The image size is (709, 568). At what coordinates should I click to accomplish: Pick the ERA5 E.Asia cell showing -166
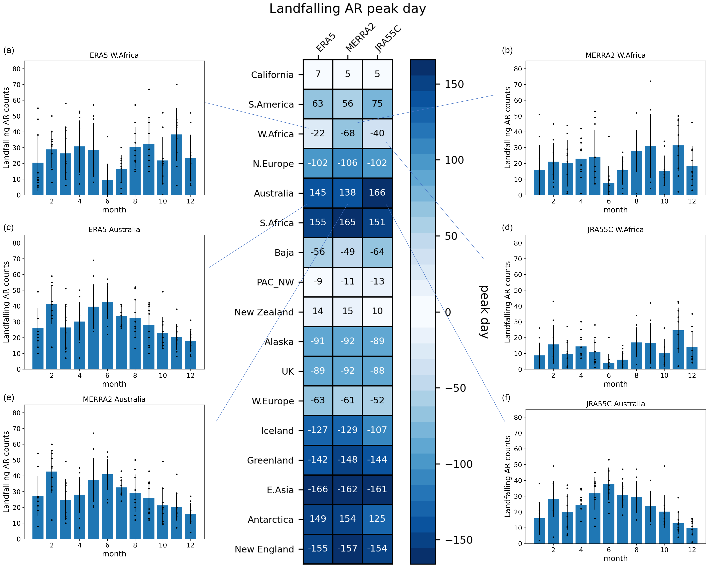[x=318, y=489]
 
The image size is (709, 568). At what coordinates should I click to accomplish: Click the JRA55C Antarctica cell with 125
[x=377, y=519]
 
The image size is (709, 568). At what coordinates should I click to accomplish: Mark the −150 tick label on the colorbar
[x=459, y=540]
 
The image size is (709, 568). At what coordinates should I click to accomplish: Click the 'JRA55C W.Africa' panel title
[x=615, y=230]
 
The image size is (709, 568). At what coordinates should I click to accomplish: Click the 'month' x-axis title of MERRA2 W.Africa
[x=615, y=210]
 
